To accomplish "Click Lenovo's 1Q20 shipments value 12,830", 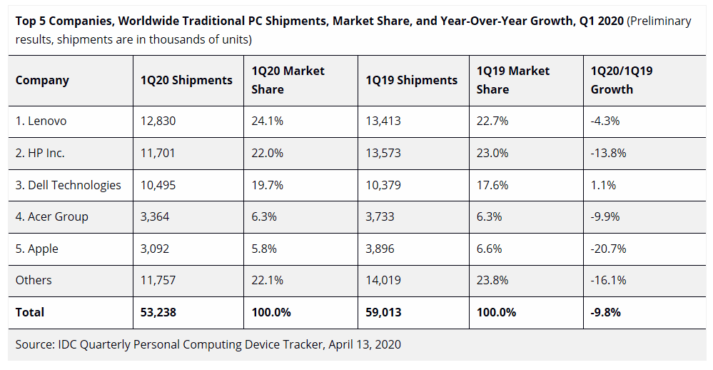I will [158, 121].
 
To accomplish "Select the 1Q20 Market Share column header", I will [288, 80].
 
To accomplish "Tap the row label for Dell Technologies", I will [69, 185].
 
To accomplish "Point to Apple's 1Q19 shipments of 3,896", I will [383, 249].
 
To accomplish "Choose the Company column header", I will [42, 80].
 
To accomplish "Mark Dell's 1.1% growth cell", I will [602, 185].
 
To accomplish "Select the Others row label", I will [34, 280].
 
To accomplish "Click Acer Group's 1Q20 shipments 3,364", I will [156, 216].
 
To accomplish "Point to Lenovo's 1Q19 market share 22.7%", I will [492, 121].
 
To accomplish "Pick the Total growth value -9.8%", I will [605, 312].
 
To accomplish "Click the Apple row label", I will [37, 249].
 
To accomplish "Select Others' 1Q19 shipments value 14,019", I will [383, 280].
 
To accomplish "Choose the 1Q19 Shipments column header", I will [412, 80].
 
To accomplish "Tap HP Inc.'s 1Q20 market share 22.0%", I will [268, 153].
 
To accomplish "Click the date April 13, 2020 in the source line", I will [365, 344].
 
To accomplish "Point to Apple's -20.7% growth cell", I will [608, 249].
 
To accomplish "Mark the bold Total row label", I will [30, 312].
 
